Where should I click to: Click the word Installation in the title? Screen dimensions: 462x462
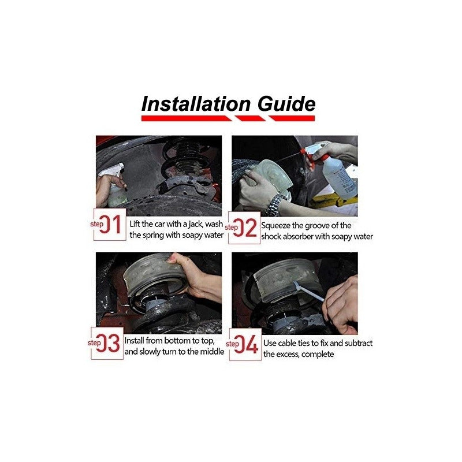[x=196, y=104]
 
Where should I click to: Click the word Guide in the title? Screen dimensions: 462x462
[x=286, y=104]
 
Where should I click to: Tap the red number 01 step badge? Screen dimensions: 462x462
[x=110, y=224]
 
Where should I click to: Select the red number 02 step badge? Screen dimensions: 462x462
[x=244, y=228]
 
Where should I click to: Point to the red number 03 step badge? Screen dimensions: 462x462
[x=107, y=343]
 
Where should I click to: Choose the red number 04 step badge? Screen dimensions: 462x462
[x=245, y=344]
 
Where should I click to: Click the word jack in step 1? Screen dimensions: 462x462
[x=196, y=224]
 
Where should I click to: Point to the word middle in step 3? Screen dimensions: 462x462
[x=212, y=352]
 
